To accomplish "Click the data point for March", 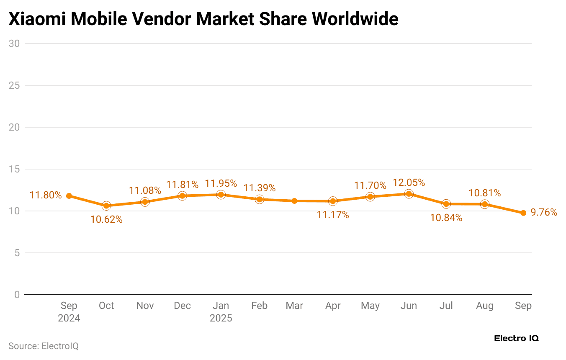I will point(294,201).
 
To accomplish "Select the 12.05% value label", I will point(409,183).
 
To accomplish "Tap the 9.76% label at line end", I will point(544,213).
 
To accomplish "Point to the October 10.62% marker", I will point(106,206).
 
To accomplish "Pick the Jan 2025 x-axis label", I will point(221,312).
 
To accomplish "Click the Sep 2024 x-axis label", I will point(69,312).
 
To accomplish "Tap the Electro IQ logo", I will point(516,338).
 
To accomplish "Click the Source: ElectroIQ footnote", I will point(44,346).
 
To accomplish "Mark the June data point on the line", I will point(409,194).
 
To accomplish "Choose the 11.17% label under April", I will point(333,215).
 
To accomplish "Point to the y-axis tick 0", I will point(17,295).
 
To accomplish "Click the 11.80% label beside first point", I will point(46,195).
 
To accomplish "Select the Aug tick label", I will point(485,306).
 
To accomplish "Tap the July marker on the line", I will point(446,204).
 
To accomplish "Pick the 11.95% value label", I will point(221,184).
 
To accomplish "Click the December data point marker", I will point(182,196).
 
